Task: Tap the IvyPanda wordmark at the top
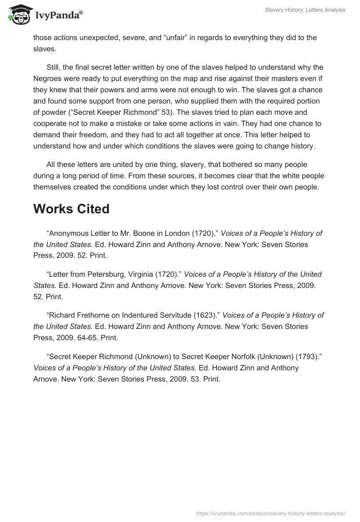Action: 58,15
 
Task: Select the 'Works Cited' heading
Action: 72,209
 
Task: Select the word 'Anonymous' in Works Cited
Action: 67,234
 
